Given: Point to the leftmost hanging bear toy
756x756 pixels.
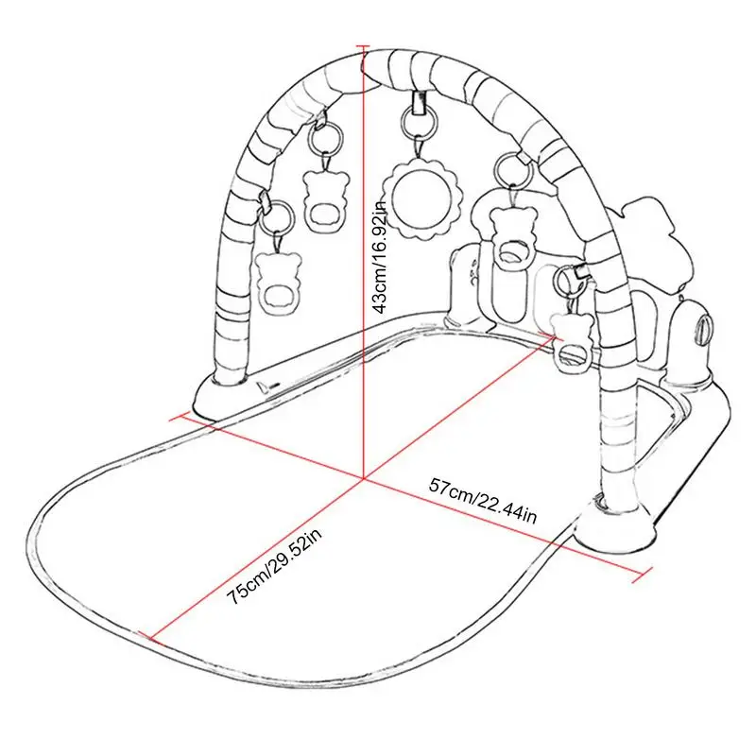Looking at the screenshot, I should click(276, 279).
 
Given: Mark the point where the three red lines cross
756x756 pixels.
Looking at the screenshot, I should click(365, 480).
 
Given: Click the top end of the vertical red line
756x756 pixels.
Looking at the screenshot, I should click(365, 44).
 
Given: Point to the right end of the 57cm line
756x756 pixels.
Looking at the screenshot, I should click(653, 570).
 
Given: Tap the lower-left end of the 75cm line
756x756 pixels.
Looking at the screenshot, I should click(150, 635).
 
